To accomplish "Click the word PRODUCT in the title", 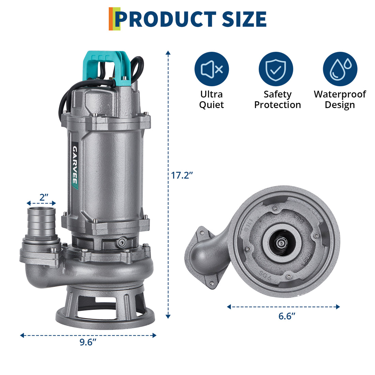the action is pos(165,19).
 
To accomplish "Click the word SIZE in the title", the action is pos(244,19).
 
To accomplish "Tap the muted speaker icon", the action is pos(212,69).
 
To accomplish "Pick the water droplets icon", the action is pos(340,69).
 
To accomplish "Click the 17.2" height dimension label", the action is pos(182,175).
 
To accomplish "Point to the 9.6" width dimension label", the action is pos(88,342).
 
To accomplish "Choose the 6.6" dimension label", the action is pos(287,316).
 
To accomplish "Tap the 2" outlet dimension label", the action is pos(44,197).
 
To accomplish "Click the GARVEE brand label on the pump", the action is pos(75,165).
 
